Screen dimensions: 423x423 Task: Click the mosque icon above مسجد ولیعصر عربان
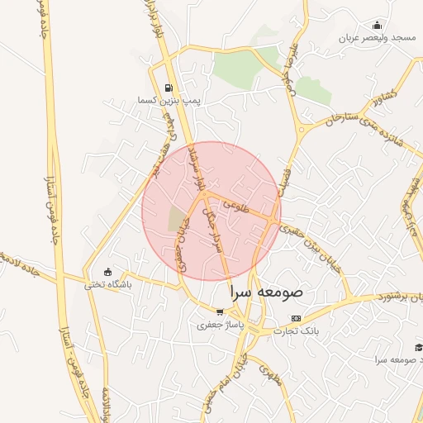pos(378,25)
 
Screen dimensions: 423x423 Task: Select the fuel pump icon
pos(169,88)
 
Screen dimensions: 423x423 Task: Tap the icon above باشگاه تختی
pos(107,272)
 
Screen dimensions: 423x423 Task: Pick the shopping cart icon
pos(219,312)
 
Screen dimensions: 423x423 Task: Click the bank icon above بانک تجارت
pos(297,318)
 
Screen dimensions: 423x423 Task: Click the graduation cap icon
pos(419,347)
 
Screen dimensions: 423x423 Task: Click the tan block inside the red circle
pos(177,220)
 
